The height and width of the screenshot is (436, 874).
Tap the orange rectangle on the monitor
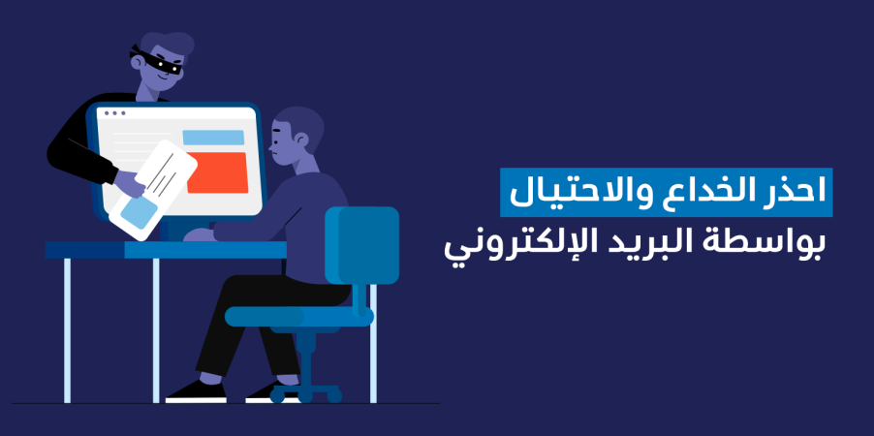[x=217, y=172]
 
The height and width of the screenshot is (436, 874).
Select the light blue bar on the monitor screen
[x=213, y=138]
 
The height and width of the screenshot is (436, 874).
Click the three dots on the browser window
[x=115, y=113]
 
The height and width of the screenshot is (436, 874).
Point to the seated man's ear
[x=302, y=140]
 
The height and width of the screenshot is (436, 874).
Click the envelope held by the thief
[x=153, y=190]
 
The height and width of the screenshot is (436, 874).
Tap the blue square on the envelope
[x=140, y=213]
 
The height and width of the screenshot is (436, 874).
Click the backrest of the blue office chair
[x=362, y=245]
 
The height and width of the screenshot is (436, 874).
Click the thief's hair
[x=168, y=43]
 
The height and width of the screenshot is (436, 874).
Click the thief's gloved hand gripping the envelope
[x=130, y=183]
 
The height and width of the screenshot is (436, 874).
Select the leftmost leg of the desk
[x=68, y=330]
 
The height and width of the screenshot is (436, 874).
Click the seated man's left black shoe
[x=196, y=391]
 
